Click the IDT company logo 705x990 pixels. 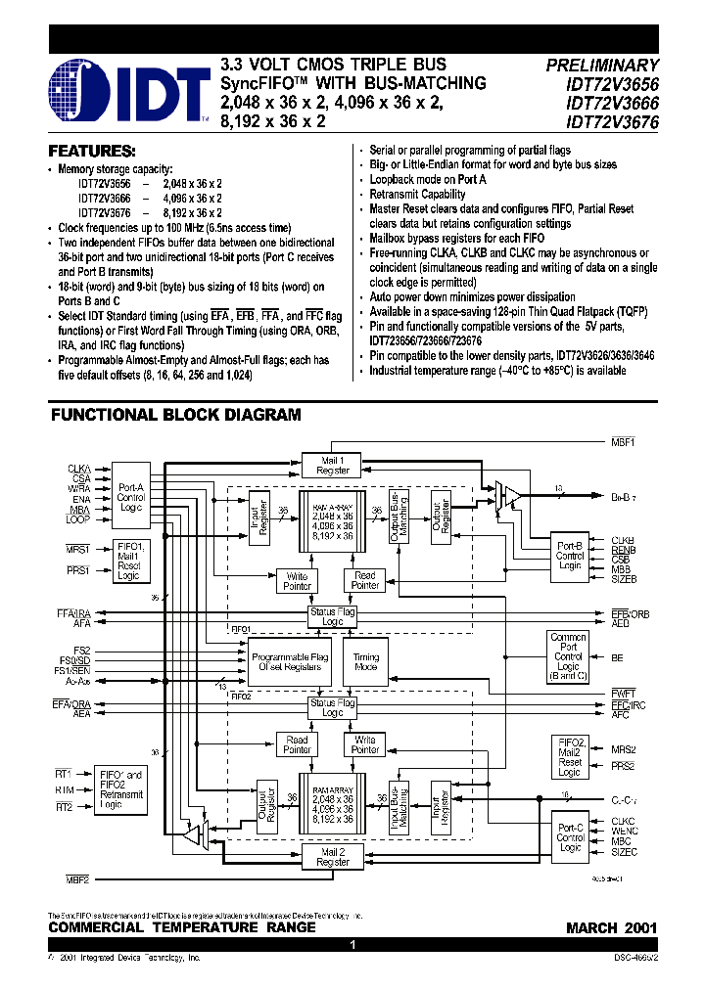(x=127, y=90)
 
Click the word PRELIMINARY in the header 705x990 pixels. (x=602, y=66)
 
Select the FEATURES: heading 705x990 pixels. (x=92, y=152)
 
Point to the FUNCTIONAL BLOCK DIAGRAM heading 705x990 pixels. (x=176, y=415)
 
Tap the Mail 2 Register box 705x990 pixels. (x=334, y=857)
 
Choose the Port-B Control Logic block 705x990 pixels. (x=570, y=556)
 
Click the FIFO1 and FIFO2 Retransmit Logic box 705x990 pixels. (x=121, y=789)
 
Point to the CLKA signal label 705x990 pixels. (x=79, y=469)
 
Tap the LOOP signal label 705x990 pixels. (x=79, y=519)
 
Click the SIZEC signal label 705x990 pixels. (x=625, y=852)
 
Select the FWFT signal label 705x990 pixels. (x=624, y=693)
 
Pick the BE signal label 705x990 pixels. (x=617, y=658)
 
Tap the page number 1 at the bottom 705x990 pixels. (x=352, y=946)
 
